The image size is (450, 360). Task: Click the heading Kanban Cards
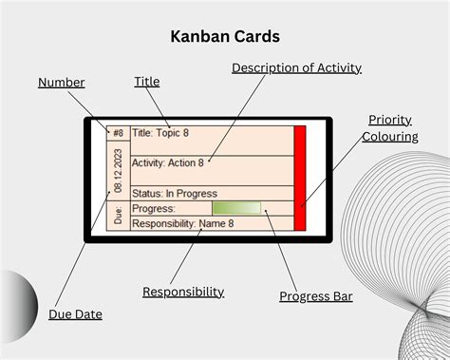(x=224, y=37)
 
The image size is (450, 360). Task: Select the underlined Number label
(x=62, y=83)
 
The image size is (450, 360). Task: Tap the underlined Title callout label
(x=147, y=83)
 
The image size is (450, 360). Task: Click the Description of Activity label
(x=296, y=67)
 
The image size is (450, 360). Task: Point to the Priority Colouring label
(x=389, y=128)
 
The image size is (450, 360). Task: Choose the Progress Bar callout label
(x=316, y=296)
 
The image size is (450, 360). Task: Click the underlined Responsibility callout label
(x=183, y=292)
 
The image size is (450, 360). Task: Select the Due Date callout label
(x=75, y=313)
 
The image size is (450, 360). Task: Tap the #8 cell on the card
(x=118, y=133)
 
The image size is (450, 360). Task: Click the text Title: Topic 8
(x=167, y=133)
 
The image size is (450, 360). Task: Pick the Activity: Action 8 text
(x=168, y=162)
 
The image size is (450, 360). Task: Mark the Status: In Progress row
(x=176, y=193)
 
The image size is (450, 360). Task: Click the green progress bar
(x=236, y=208)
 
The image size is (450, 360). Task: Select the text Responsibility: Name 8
(x=183, y=223)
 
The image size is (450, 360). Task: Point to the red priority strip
(x=300, y=178)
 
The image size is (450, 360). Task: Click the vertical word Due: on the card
(x=118, y=215)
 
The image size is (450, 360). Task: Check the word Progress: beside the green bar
(x=154, y=208)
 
